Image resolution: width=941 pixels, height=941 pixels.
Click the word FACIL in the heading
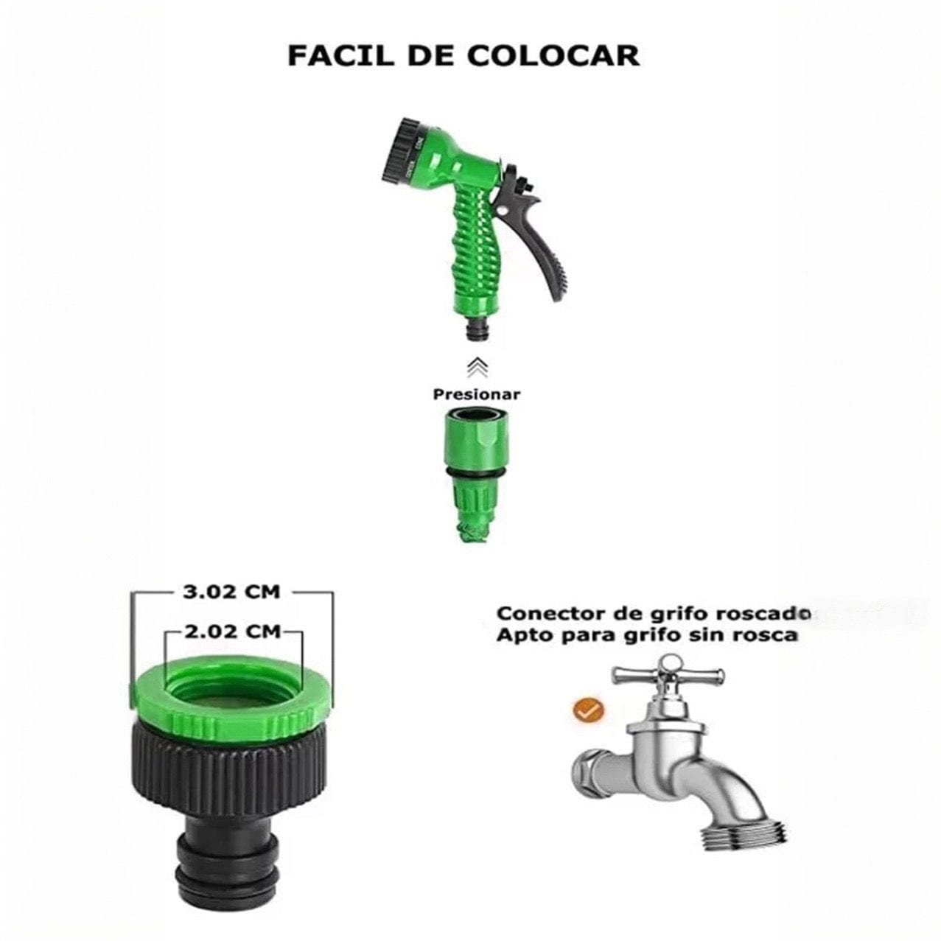point(335,55)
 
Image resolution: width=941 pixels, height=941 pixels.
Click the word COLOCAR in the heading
point(553,55)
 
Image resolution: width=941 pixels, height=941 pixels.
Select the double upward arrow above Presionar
point(477,367)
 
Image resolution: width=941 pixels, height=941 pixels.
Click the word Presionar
point(477,393)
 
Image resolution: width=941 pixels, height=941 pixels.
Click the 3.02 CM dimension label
point(231,592)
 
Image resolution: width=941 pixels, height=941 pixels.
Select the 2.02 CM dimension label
point(233,632)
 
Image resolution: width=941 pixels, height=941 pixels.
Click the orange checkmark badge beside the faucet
point(589,711)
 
